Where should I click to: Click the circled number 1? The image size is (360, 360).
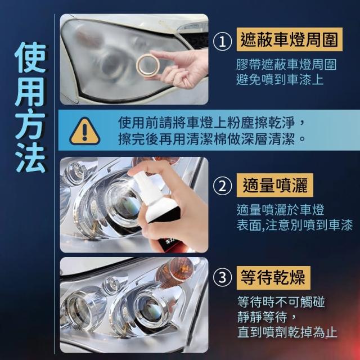pyautogui.click(x=222, y=42)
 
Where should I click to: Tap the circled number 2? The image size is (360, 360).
pyautogui.click(x=222, y=186)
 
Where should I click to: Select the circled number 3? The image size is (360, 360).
pyautogui.click(x=222, y=277)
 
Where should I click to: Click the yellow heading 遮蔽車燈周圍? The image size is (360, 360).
pyautogui.click(x=290, y=39)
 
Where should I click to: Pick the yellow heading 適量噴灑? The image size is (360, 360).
pyautogui.click(x=275, y=185)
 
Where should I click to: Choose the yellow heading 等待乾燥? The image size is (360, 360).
pyautogui.click(x=273, y=278)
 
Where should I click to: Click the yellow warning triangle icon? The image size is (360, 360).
pyautogui.click(x=85, y=131)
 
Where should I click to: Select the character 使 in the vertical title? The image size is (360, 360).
pyautogui.click(x=30, y=57)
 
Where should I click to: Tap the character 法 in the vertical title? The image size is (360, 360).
pyautogui.click(x=30, y=157)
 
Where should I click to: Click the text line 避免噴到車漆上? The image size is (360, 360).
pyautogui.click(x=280, y=80)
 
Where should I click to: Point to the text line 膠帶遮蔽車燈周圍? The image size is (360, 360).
pyautogui.click(x=286, y=65)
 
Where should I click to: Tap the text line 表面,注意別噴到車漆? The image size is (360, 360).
pyautogui.click(x=295, y=225)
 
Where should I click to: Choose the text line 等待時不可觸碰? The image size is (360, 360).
pyautogui.click(x=281, y=301)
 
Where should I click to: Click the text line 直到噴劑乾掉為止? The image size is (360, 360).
pyautogui.click(x=287, y=332)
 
